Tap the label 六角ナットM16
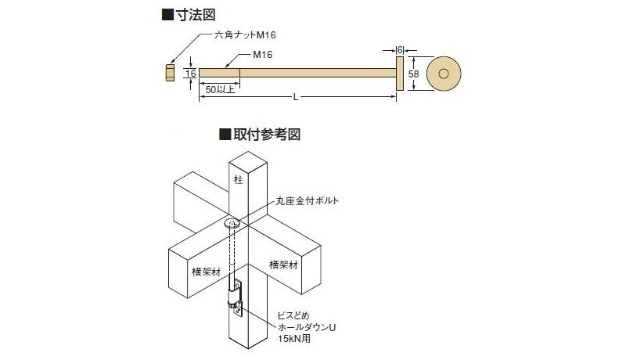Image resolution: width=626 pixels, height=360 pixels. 245,35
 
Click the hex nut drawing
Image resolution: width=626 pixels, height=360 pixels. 170,73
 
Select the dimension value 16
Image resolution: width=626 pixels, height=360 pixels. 191,73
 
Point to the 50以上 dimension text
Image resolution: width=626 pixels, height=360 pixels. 220,90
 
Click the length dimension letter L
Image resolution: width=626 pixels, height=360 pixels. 296,97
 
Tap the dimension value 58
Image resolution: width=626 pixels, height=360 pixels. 414,74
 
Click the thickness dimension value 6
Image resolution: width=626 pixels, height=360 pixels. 400,50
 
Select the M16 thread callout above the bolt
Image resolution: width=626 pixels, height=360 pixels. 263,55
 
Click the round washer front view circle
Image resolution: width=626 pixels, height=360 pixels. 444,74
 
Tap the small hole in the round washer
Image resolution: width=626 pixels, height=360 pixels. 444,74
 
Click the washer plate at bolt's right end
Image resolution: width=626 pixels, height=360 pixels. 400,74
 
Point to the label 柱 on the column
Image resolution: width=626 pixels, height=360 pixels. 239,179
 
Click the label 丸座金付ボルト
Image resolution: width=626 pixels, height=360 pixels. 307,201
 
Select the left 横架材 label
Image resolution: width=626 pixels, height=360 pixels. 207,272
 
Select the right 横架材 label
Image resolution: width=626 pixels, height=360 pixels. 283,265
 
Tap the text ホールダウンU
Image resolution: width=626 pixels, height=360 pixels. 307,327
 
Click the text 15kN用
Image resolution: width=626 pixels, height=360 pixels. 294,339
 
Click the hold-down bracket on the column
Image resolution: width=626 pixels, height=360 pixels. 236,298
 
